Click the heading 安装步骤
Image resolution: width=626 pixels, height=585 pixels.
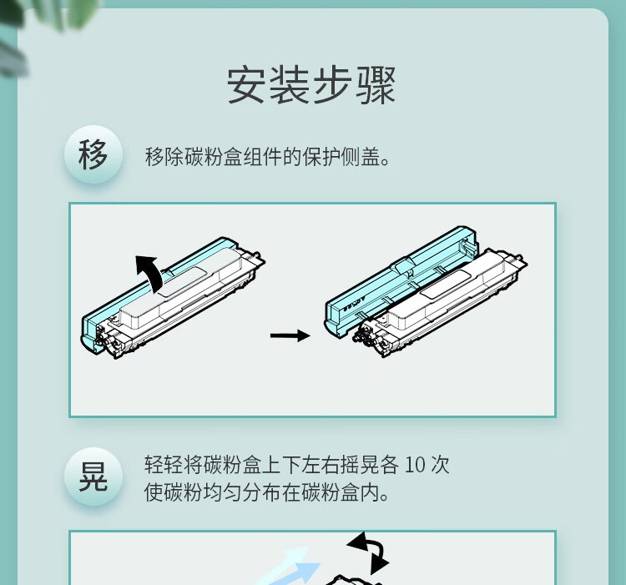coord(312,85)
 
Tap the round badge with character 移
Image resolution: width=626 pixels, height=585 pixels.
coord(93,155)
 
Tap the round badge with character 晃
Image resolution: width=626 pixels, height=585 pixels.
coord(93,477)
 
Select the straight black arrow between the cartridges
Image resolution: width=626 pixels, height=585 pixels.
coord(290,335)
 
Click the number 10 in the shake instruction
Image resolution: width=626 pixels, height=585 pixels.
coord(414,465)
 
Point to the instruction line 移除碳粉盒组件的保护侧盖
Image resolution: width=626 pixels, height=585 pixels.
coord(267,156)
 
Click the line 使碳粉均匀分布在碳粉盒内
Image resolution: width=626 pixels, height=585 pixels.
coord(266,492)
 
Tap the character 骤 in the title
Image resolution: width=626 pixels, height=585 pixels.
coord(376,85)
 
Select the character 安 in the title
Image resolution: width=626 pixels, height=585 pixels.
coord(247,85)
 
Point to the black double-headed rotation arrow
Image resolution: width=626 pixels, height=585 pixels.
coord(368,552)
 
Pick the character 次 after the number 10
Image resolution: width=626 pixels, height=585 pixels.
coord(440,465)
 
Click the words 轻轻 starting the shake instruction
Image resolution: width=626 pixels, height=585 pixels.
coord(164,465)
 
